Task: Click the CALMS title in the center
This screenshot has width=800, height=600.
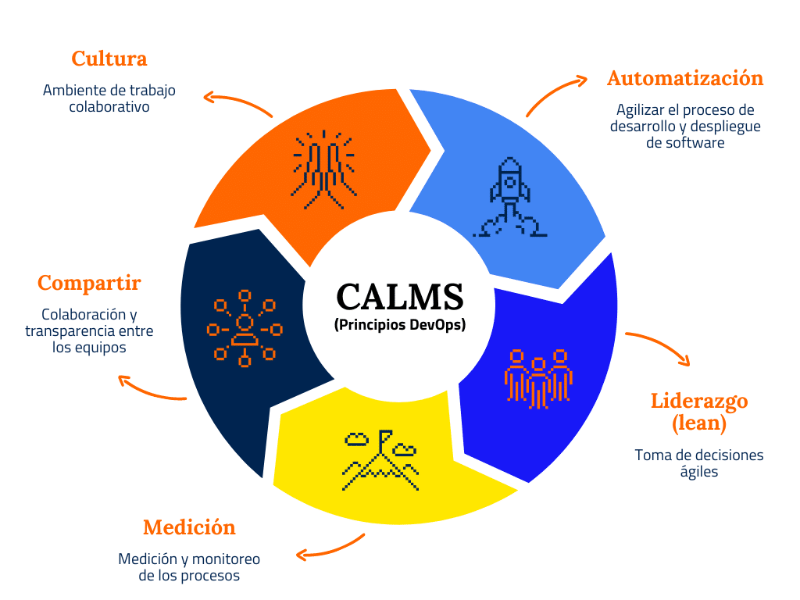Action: [x=399, y=297]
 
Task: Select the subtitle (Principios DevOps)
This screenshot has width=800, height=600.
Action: [x=399, y=325]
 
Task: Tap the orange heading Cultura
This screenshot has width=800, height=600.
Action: [x=109, y=59]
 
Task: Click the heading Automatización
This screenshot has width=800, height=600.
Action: [x=685, y=78]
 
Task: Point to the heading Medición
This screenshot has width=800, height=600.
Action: [x=189, y=527]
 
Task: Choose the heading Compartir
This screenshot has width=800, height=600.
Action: [x=89, y=283]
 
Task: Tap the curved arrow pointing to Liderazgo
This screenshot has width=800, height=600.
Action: [x=661, y=346]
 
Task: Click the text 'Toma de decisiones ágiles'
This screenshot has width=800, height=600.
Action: [x=698, y=463]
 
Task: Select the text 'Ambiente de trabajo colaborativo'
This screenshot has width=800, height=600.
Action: [x=109, y=98]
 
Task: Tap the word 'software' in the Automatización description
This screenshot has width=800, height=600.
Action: [x=685, y=142]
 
